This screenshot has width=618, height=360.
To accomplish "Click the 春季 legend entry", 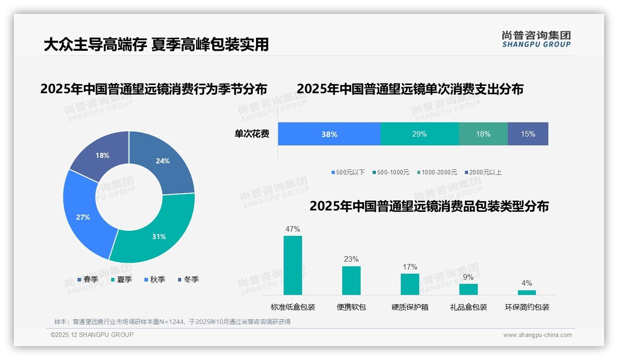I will (x=88, y=279).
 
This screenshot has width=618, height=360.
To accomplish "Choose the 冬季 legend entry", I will (x=188, y=279).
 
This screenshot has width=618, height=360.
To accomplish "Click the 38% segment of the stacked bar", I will (x=329, y=134).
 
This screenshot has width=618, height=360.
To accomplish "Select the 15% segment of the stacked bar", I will (x=528, y=134).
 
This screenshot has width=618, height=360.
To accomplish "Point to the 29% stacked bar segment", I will (x=419, y=134).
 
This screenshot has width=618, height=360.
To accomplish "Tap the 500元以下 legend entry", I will (x=348, y=172).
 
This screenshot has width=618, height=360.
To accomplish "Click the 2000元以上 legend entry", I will (x=483, y=172).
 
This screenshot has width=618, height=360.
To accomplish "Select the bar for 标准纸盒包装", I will (x=293, y=265).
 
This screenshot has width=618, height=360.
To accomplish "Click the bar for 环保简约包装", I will (x=527, y=292).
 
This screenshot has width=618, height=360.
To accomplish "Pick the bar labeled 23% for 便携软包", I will (x=351, y=280).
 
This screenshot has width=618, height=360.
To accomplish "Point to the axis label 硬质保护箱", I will (x=410, y=307).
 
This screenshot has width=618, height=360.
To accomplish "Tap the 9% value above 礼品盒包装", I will (x=468, y=277).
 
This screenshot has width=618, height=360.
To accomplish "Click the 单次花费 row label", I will (x=252, y=134).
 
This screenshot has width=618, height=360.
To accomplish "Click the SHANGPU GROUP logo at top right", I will (x=536, y=39).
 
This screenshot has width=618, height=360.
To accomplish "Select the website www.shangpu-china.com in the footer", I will (x=537, y=335).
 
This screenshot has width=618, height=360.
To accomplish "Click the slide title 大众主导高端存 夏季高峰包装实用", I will (x=156, y=45).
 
